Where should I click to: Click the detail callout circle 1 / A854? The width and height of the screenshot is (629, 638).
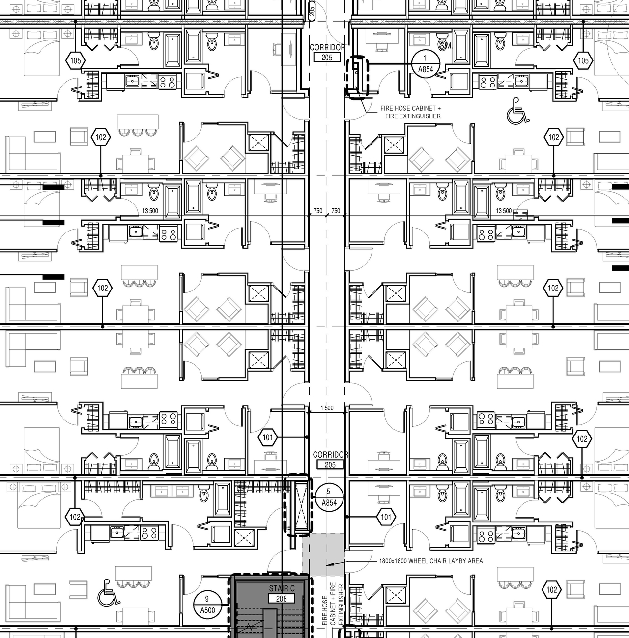(x=426, y=64)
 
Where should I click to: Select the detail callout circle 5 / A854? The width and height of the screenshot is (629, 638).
(x=329, y=497)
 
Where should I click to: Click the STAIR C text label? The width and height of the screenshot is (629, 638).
(x=282, y=588)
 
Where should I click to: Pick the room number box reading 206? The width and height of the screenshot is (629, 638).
(x=281, y=599)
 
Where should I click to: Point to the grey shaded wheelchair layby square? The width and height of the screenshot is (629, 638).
(x=323, y=554)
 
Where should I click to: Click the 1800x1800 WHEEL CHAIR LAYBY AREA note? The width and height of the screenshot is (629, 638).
(x=430, y=561)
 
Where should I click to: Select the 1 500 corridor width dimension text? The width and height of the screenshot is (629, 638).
(x=327, y=408)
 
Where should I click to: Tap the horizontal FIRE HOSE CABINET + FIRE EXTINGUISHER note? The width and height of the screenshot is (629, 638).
(x=410, y=112)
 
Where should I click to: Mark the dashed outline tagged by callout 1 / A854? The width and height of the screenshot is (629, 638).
(x=357, y=77)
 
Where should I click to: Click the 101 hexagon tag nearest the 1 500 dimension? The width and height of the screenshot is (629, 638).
(x=268, y=437)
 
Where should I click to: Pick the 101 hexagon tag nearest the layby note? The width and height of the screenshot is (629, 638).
(x=386, y=517)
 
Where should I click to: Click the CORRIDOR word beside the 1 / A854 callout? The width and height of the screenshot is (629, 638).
(x=327, y=47)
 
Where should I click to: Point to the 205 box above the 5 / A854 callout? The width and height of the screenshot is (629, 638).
(x=330, y=464)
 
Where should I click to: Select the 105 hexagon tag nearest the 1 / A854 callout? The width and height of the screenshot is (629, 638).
(x=583, y=61)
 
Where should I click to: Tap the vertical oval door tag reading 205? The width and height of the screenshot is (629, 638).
(x=312, y=10)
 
